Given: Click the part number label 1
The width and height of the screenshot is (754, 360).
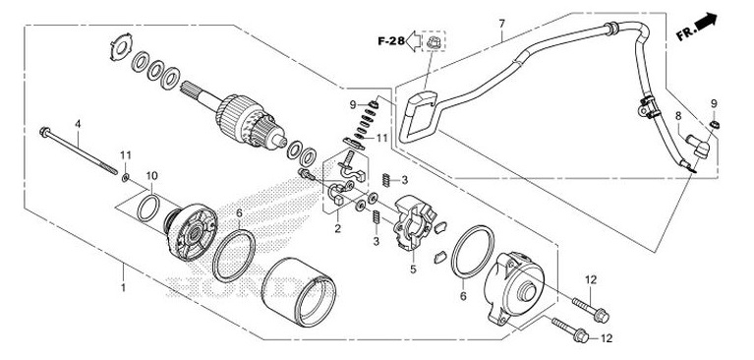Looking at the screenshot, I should coord(123,289).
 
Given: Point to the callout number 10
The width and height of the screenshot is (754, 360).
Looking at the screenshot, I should coord(151,176).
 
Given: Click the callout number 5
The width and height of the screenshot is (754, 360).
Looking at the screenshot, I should coord(413,267).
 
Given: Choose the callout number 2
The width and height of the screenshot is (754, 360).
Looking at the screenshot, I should coord(336,228).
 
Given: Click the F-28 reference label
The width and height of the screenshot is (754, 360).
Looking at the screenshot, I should coord(390,41).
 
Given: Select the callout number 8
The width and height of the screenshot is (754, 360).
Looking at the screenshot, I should coord(677,116).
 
